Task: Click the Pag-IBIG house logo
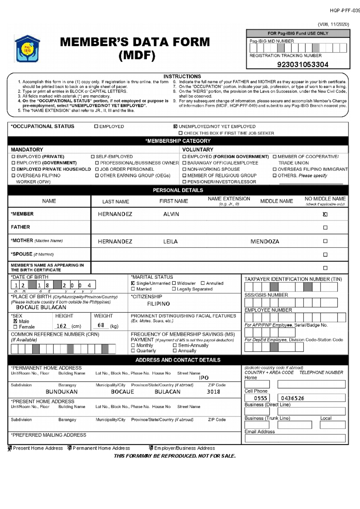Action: [x=27, y=49]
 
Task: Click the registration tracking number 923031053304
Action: [x=302, y=64]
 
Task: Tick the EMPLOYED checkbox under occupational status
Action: [x=96, y=127]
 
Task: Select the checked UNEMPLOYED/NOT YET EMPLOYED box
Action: [x=175, y=127]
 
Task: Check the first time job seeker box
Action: [x=181, y=133]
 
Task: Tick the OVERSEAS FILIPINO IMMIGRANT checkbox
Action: [x=274, y=169]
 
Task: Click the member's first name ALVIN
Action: [x=171, y=214]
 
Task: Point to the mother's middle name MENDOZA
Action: [x=265, y=241]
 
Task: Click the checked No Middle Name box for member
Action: [x=325, y=214]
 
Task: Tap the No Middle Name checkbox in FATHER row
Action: [x=325, y=228]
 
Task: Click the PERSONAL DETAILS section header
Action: [x=178, y=190]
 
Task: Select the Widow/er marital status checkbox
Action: [x=174, y=283]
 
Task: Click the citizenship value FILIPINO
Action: [x=158, y=304]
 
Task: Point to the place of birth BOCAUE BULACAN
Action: [x=41, y=307]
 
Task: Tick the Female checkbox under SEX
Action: [x=15, y=327]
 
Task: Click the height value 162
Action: [x=61, y=326]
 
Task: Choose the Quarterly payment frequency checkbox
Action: [x=133, y=351]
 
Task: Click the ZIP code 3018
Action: [x=213, y=392]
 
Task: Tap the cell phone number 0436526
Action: [x=292, y=398]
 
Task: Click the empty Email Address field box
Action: [x=295, y=438]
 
